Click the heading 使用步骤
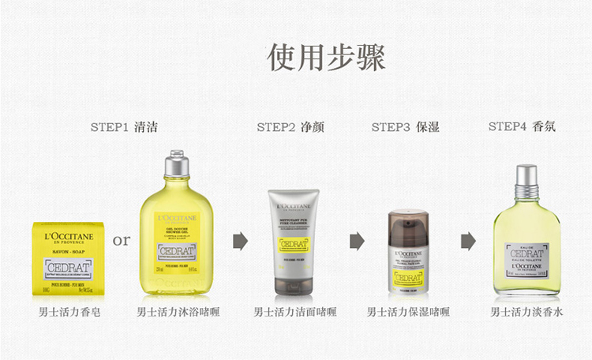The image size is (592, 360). coord(326,58)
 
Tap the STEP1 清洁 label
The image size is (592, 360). coord(129,127)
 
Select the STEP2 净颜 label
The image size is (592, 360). coord(290,127)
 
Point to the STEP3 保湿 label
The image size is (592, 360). coord(405,127)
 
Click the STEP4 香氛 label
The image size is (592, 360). coord(522,126)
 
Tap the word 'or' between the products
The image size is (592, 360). coord(122,239)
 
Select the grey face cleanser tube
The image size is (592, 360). coord(294,239)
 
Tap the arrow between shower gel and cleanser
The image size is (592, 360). coord(240,241)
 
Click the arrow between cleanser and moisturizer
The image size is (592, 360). coord(357,241)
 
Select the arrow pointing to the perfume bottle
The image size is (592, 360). coord(468,241)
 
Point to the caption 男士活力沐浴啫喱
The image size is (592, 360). coord(178,312)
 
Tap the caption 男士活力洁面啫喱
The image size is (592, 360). coord(294,312)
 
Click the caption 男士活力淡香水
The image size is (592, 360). coord(526,312)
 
